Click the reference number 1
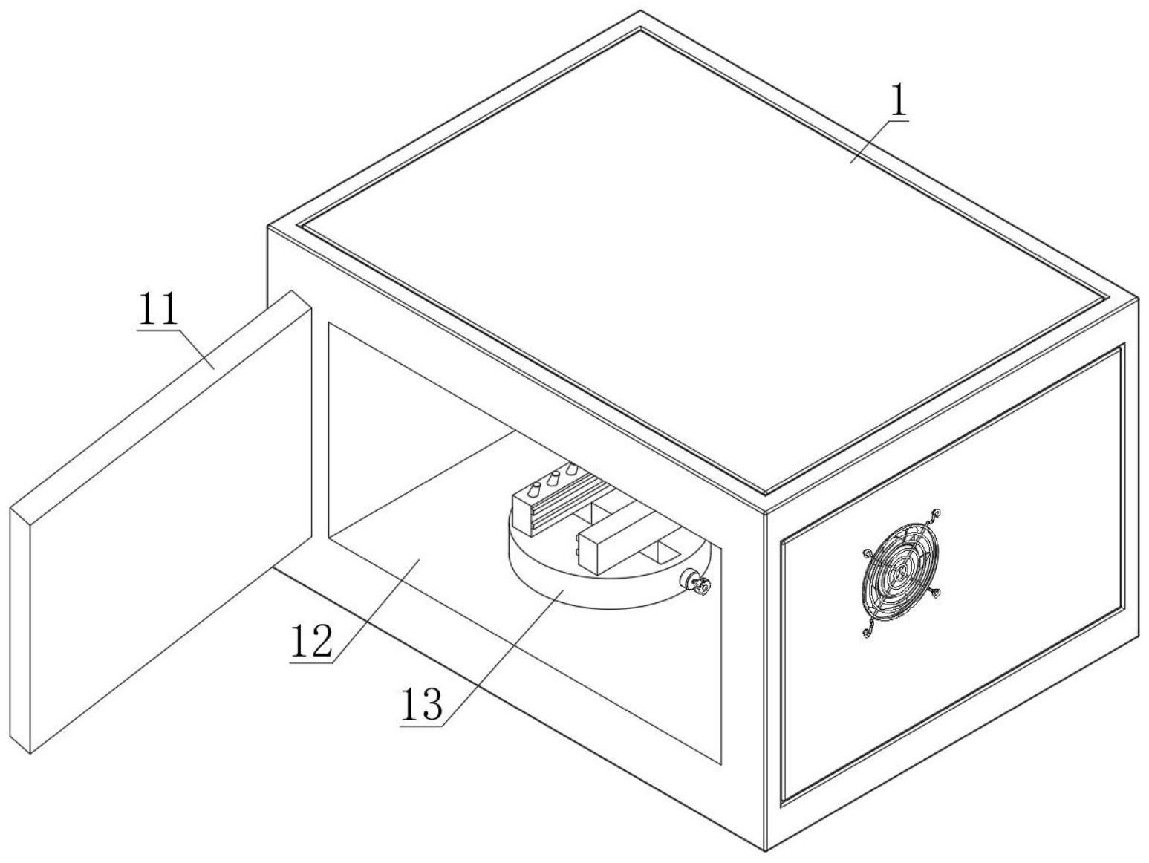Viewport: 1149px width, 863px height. [899, 102]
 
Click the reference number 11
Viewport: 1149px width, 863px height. [157, 310]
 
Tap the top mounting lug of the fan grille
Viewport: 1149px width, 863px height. [937, 513]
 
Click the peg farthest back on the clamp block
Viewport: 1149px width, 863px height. [571, 469]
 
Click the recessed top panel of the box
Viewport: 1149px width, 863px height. [698, 253]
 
